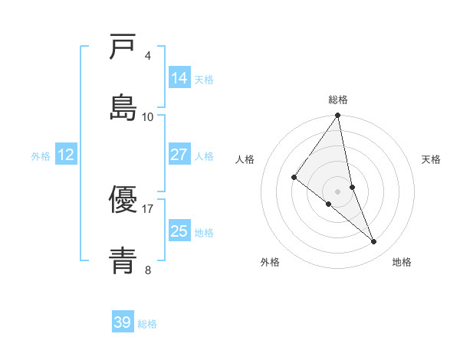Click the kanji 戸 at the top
(123, 47)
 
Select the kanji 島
(123, 108)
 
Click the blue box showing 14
(179, 78)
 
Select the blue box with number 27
(179, 155)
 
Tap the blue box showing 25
(179, 231)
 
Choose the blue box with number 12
(66, 155)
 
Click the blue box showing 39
(123, 322)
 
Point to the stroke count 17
(148, 208)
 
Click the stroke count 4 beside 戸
(148, 55)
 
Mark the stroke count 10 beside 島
(148, 116)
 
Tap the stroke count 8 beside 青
(148, 270)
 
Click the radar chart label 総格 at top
(338, 100)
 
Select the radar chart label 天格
(432, 159)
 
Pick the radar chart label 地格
(402, 262)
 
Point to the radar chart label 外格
(270, 262)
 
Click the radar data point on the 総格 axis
(338, 116)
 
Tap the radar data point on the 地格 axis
(374, 242)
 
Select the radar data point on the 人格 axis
(294, 177)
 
